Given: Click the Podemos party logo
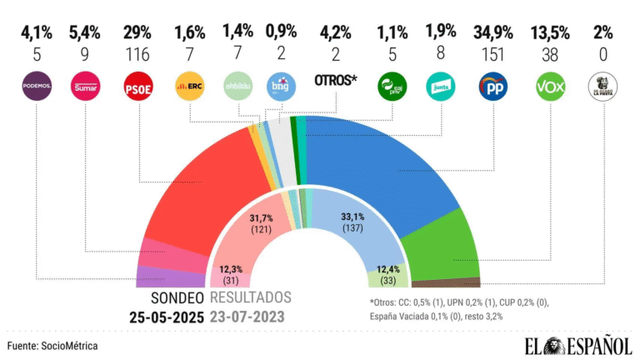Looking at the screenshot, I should [x=37, y=85].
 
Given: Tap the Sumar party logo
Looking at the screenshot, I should [x=86, y=85].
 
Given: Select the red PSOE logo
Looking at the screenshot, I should [x=137, y=85].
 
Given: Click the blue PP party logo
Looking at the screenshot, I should [x=492, y=85].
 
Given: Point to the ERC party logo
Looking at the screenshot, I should [x=187, y=85].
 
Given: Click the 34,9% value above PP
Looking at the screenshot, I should [x=492, y=34].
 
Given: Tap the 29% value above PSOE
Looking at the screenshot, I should [x=137, y=34].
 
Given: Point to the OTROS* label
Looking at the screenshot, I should [x=337, y=81].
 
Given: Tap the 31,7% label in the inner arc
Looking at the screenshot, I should [x=266, y=218].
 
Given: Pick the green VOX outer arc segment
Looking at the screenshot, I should [x=442, y=242].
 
